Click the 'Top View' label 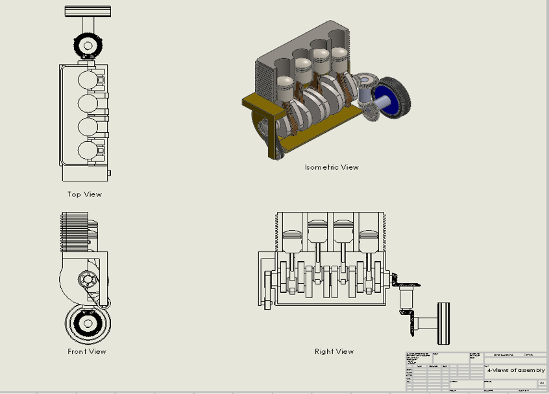(x=84, y=194)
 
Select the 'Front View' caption (x=86, y=352)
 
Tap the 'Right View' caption (x=334, y=352)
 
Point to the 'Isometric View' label (x=332, y=167)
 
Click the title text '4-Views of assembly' (x=516, y=370)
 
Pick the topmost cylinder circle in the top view (x=88, y=79)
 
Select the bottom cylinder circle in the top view (x=88, y=150)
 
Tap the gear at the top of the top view (x=86, y=44)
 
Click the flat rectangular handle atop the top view (x=88, y=11)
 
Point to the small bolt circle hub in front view (x=85, y=280)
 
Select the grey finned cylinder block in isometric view (x=266, y=75)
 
